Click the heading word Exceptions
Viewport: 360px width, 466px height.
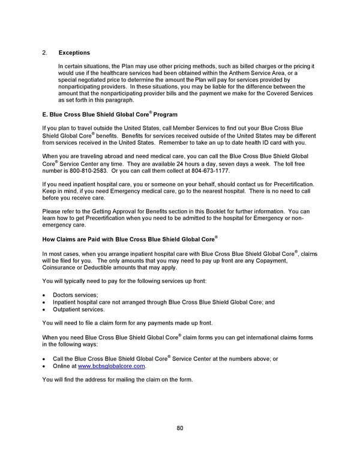(74, 53)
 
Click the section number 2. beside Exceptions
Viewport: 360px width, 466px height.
(45, 53)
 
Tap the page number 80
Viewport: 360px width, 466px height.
(179, 428)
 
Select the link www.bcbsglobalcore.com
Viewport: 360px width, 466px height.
(112, 366)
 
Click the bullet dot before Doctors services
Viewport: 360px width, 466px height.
(44, 295)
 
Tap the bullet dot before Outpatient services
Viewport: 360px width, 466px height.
(44, 309)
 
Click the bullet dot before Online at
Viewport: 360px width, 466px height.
(44, 366)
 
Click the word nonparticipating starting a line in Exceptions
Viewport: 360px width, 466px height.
(82, 86)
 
